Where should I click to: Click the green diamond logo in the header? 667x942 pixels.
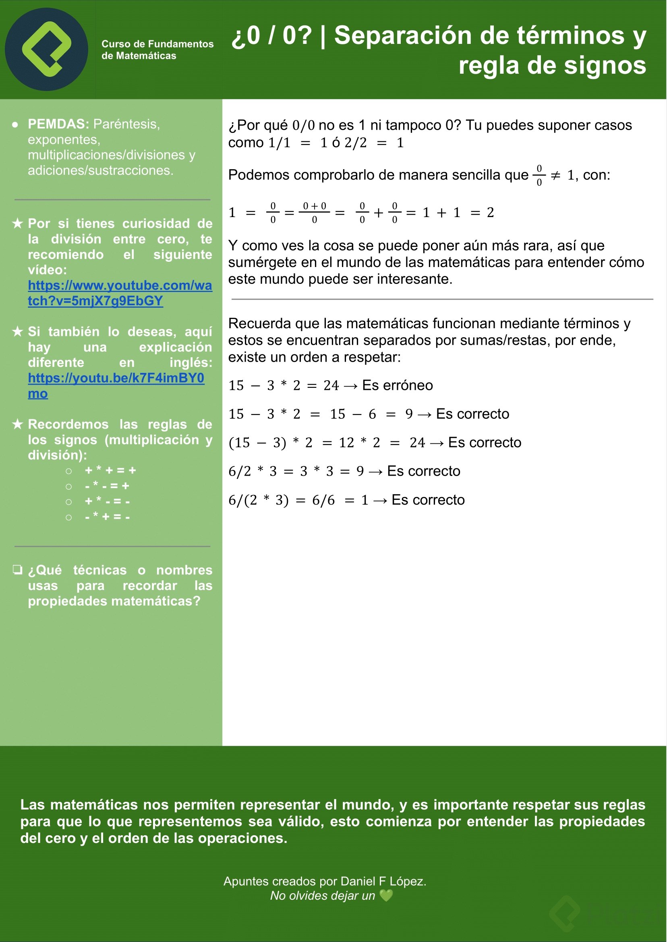coord(46,49)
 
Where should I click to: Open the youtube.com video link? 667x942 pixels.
coord(120,293)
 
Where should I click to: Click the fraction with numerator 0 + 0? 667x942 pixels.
coord(314,212)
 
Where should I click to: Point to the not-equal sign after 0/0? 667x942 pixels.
coord(555,176)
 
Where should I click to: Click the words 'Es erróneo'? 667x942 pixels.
coord(397,385)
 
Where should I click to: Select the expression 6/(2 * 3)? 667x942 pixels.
coord(258,500)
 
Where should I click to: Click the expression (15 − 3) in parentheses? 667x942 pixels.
coord(257,443)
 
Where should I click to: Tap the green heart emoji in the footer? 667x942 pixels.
coord(386,896)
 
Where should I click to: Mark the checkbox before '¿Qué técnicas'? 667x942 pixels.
coord(17,570)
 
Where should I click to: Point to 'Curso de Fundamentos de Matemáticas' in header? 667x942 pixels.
coord(157,50)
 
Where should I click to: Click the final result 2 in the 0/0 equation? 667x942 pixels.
coord(490,213)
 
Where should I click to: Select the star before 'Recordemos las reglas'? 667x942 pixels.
coord(17,424)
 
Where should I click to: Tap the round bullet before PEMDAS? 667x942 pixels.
coord(15,124)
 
